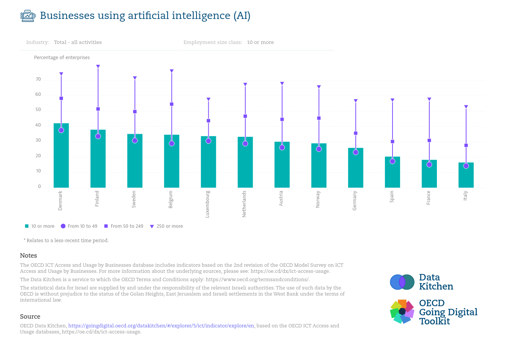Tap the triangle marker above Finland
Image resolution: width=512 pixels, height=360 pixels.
pos(98,67)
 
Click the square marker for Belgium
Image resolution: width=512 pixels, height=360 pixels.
pos(171,104)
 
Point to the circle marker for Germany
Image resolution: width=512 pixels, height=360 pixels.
pos(355,152)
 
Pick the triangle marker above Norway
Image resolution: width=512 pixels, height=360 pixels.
pos(319,87)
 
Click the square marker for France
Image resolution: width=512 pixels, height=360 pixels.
pos(429,141)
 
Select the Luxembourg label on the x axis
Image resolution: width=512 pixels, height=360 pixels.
pos(207,204)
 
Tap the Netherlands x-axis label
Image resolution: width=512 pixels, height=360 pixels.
pos(244,204)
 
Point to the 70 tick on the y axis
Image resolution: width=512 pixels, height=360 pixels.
pos(38,80)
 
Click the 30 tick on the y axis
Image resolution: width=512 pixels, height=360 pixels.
pos(38,141)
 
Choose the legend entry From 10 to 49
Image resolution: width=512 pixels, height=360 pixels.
pos(79,226)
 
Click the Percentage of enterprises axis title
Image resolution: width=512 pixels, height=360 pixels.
pos(62,58)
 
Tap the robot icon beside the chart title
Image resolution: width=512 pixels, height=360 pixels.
pos(28,16)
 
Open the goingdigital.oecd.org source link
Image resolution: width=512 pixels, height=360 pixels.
pos(161,326)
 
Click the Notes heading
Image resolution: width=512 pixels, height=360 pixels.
pos(28,255)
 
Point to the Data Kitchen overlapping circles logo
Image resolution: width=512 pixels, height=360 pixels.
pos(402,282)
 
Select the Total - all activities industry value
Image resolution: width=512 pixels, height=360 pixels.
pos(78,42)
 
